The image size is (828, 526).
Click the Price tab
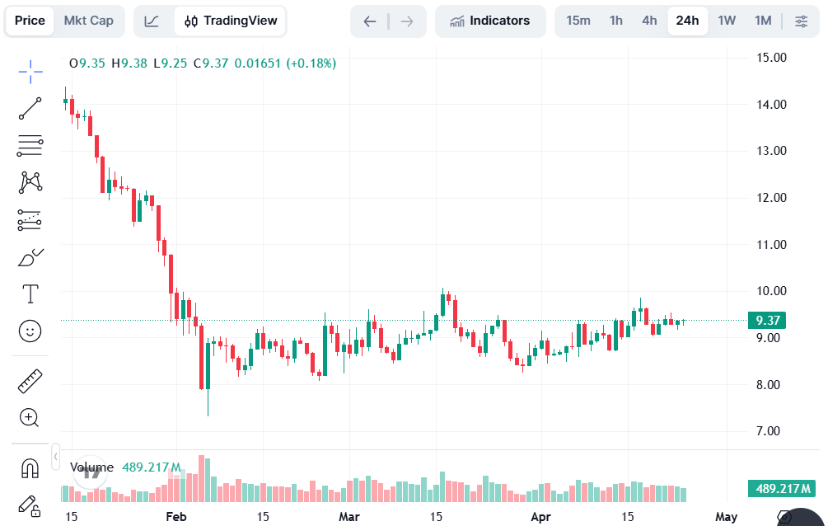coord(30,21)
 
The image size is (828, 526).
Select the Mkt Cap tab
coord(89,21)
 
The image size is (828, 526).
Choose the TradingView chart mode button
coord(231,21)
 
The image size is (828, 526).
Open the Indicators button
coord(490,21)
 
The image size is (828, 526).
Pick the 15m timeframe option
coord(578,21)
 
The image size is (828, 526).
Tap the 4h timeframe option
coord(649,21)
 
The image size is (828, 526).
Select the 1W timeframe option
coord(727,21)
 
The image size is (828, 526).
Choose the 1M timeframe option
coord(763,21)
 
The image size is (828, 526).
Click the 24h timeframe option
coord(687,21)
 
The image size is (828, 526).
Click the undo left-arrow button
coord(370,21)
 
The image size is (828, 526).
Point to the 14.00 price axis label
coord(773,105)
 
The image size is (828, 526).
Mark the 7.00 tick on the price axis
coord(773,431)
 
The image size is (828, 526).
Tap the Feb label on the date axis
coord(175,517)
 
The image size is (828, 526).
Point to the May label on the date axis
coord(726,517)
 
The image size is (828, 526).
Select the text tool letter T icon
coord(30,294)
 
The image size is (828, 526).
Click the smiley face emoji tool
coord(30,331)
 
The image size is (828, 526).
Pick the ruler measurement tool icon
coord(30,381)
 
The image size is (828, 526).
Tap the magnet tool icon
coord(30,468)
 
